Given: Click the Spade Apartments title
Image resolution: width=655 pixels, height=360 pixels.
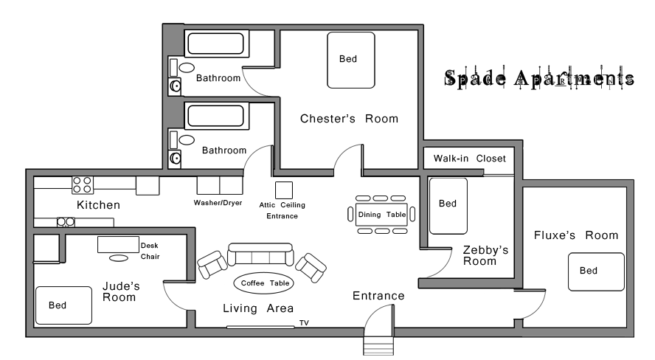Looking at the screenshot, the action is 539,77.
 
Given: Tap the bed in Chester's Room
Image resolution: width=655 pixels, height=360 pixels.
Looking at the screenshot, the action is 351,60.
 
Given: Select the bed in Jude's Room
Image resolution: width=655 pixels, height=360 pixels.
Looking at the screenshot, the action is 63,305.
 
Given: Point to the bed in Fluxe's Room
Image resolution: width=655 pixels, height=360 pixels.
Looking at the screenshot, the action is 596,271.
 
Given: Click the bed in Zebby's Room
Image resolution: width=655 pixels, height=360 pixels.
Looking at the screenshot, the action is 448,206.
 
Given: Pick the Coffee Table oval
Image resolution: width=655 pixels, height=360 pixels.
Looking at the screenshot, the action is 264,283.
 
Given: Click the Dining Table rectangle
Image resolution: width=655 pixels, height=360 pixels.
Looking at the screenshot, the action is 381,215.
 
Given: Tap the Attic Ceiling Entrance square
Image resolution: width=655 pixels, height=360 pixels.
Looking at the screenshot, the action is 284,190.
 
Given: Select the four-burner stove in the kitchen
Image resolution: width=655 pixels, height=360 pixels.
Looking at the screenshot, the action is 83,185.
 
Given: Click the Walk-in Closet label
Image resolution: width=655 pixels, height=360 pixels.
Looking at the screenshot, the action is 470,159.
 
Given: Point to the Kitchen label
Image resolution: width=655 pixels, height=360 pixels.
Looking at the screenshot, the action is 99,205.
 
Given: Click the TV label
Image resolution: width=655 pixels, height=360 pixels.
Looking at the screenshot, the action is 304,323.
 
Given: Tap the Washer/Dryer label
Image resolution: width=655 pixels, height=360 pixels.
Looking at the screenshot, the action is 218,203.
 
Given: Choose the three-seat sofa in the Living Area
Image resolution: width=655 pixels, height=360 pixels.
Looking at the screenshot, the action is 260,255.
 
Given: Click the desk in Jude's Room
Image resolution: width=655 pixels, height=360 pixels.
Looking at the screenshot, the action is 118,245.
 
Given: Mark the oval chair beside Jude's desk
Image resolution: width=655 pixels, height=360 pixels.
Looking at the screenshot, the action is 119,258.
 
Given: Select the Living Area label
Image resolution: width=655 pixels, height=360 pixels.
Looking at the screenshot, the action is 258,308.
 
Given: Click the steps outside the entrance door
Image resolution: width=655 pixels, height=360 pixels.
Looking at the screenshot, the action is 378,346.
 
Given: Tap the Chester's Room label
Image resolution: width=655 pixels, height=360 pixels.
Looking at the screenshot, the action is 349,119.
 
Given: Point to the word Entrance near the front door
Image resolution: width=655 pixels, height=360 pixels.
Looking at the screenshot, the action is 378,296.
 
